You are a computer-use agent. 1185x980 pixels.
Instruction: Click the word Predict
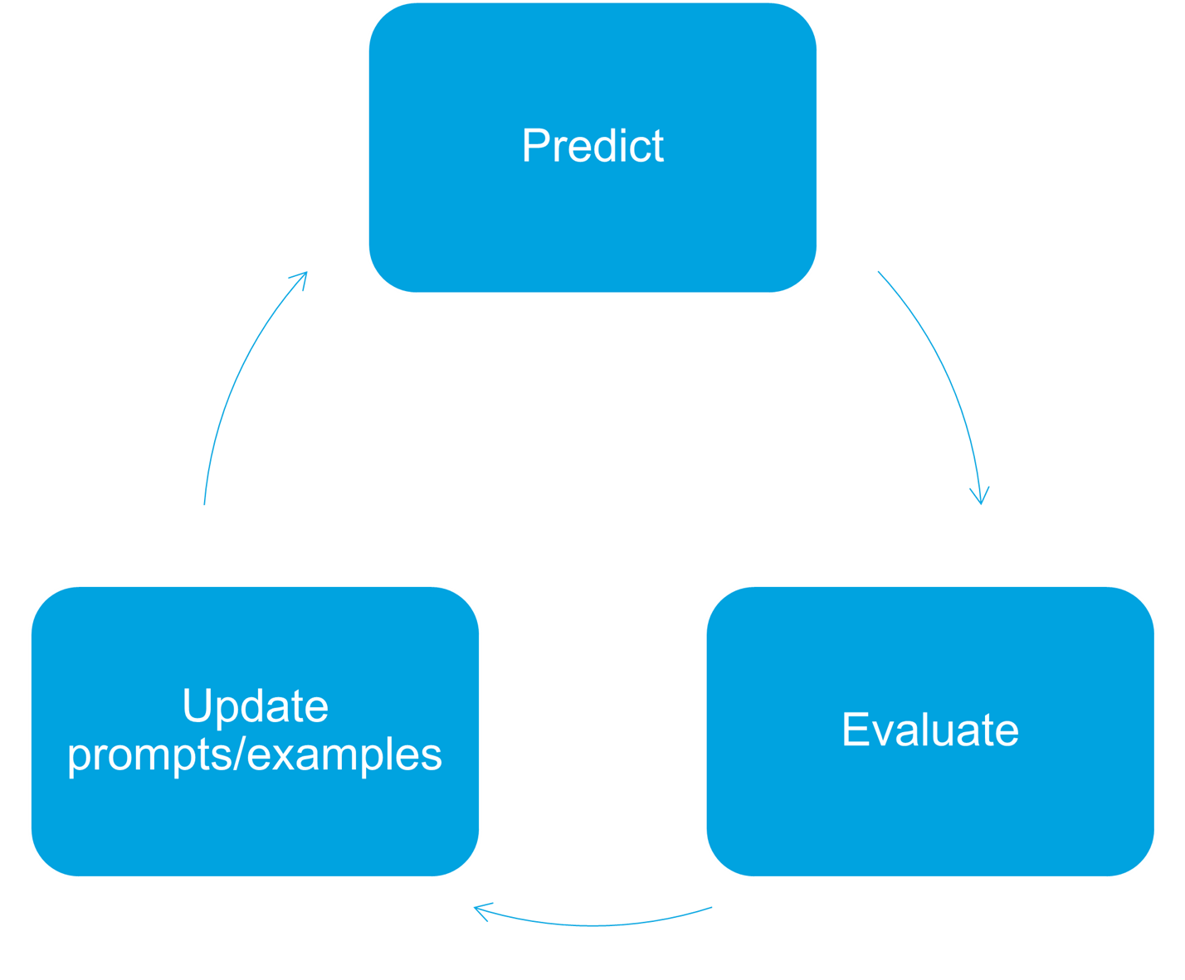click(x=592, y=146)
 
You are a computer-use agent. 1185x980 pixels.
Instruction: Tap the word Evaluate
click(x=930, y=730)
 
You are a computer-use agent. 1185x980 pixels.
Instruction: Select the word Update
click(x=256, y=707)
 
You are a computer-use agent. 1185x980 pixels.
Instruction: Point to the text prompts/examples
click(x=255, y=755)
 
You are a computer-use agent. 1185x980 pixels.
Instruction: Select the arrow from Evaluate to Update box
click(x=592, y=925)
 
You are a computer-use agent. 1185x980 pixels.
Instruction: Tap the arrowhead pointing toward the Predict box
click(x=300, y=279)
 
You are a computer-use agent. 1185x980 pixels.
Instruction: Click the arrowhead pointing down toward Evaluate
click(x=980, y=496)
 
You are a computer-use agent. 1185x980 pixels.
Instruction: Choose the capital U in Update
click(x=197, y=706)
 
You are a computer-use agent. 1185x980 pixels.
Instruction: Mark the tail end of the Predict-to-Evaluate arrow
click(x=878, y=271)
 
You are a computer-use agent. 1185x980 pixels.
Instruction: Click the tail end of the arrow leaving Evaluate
click(x=712, y=907)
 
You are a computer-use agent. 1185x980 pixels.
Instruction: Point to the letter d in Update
click(x=261, y=706)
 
